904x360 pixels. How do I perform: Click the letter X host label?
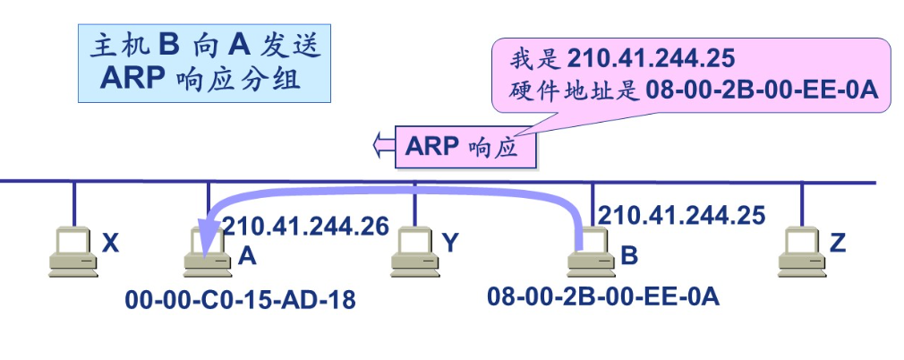(x=110, y=242)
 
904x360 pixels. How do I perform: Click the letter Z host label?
(x=838, y=242)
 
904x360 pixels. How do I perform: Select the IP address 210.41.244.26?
(x=305, y=227)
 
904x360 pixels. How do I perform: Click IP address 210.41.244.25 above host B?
(x=682, y=215)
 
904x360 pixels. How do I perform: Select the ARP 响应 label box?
(x=465, y=145)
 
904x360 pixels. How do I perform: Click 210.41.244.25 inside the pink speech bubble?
(x=651, y=59)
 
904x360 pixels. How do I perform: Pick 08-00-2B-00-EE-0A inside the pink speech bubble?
(x=762, y=90)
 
